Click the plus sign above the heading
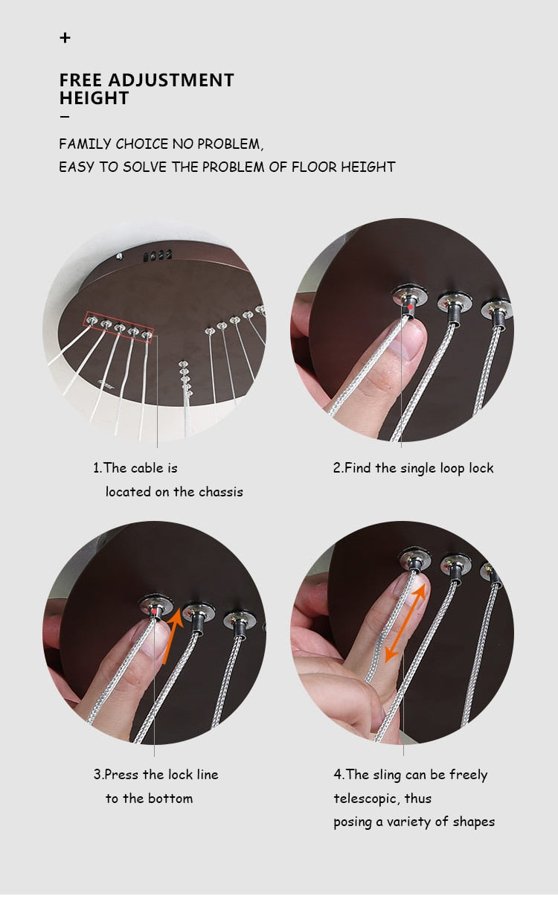point(65,38)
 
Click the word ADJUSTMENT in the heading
point(171,80)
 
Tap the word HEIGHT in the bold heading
point(94,98)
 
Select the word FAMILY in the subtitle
point(85,144)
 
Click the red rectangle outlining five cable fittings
point(119,327)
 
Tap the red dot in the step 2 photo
point(411,307)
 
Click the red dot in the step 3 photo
point(155,611)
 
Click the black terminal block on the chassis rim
point(158,255)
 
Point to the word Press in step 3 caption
point(121,775)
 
